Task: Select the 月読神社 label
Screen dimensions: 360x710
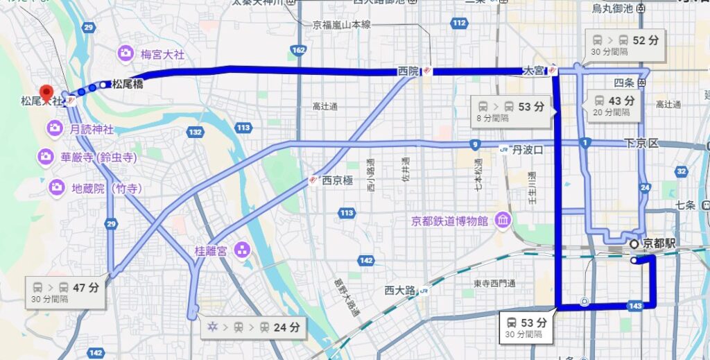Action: click(x=91, y=128)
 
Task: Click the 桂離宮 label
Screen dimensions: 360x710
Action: click(x=212, y=250)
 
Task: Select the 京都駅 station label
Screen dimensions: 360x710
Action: click(x=659, y=243)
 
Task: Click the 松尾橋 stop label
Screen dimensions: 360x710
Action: click(x=128, y=85)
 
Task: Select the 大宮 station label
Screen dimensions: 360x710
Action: click(x=534, y=70)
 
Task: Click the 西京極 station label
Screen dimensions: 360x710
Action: click(x=338, y=180)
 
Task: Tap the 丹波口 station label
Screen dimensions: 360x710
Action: click(x=528, y=149)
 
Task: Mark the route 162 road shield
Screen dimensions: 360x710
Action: click(x=299, y=50)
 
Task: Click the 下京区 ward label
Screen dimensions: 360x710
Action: click(x=641, y=143)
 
